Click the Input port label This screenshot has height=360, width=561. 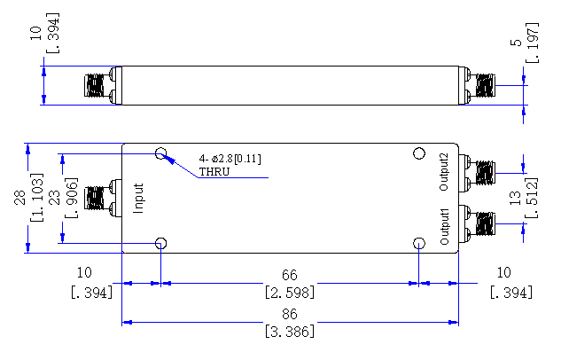138,199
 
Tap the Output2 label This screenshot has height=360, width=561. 444,172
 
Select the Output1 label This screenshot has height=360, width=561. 444,227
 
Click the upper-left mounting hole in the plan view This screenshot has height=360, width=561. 161,153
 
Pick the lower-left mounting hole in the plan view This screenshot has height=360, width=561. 161,243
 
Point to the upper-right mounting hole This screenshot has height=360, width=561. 419,153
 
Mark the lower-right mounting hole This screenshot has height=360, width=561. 419,243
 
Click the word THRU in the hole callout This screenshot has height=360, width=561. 214,172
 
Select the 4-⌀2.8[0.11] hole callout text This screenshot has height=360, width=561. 230,159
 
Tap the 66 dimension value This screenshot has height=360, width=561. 290,275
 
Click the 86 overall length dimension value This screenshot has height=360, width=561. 290,314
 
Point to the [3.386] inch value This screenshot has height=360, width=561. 290,332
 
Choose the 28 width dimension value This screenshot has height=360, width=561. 19,198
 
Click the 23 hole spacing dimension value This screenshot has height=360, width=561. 54,198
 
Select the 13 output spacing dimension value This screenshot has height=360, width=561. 515,198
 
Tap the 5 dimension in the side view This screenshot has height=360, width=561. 517,43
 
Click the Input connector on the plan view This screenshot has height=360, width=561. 103,198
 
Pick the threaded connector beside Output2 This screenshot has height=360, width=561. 477,173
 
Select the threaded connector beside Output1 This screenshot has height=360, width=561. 477,224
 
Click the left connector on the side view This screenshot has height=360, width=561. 103,85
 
